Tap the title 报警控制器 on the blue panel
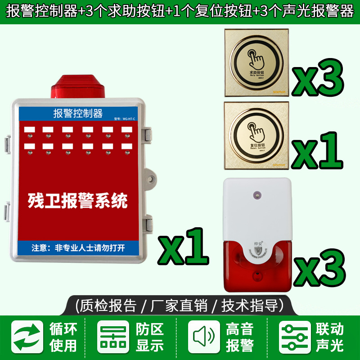tap(78, 113)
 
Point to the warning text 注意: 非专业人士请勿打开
tap(78, 247)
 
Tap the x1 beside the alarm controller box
tap(183, 246)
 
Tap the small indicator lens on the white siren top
tap(257, 196)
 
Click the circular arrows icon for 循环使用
tap(27, 337)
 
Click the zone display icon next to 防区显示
tap(113, 337)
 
